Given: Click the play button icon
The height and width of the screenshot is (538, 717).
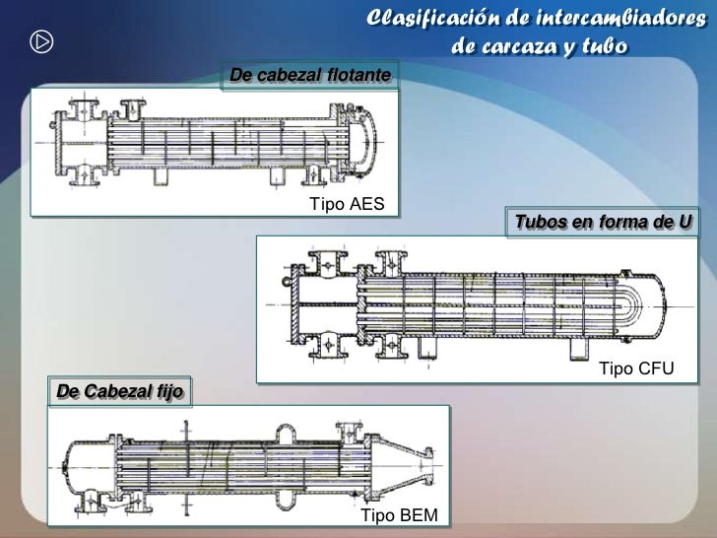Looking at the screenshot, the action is (x=41, y=42).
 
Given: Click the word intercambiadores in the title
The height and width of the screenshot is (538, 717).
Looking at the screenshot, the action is (x=620, y=19).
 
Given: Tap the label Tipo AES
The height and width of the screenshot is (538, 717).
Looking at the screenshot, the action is (x=347, y=204).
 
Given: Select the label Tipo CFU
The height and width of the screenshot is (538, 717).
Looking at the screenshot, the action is (x=636, y=369).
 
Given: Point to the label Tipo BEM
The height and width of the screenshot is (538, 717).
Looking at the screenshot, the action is (x=399, y=515).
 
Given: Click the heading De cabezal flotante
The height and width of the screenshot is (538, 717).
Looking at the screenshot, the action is (x=310, y=75).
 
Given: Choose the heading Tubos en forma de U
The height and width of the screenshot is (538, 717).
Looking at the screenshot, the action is (x=603, y=222).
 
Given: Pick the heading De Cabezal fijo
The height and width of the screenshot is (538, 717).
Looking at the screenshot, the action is (x=120, y=391).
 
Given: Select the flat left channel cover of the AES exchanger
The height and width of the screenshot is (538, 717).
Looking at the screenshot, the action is (x=58, y=143).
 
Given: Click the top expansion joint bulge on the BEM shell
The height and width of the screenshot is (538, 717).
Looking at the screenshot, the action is (x=286, y=434).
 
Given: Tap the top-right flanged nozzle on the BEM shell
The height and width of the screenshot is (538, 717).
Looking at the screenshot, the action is (x=350, y=433).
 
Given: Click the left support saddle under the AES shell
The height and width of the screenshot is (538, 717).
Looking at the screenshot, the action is (x=160, y=176).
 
